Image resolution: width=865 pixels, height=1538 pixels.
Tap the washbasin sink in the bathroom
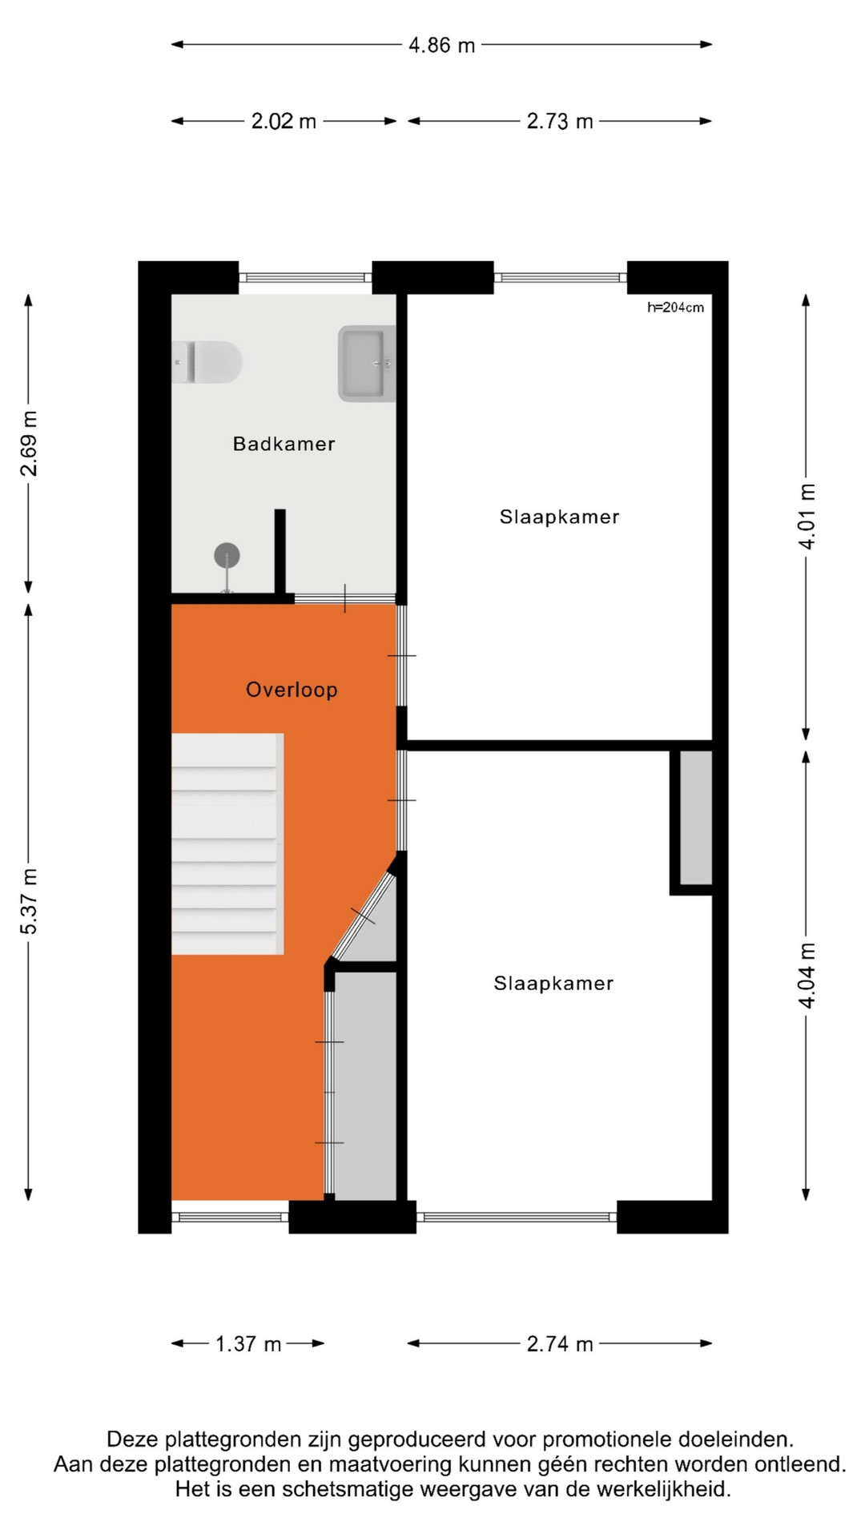pos(368,363)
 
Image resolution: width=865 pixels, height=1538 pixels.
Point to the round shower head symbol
pos(227,555)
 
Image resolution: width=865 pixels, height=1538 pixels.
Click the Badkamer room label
pos(284,444)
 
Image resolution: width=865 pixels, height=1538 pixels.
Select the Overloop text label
pos(292,690)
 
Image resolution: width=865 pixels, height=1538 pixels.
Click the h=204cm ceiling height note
pos(676,307)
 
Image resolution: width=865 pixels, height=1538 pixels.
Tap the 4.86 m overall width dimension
pos(441,45)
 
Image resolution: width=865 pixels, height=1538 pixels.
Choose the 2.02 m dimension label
pos(284,121)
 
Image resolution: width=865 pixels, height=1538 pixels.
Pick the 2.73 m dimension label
pos(560,121)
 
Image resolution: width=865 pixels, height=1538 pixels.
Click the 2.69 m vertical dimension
pos(29,444)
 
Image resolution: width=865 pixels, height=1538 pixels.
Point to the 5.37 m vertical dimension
pos(29,901)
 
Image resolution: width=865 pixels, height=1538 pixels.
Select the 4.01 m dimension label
pos(807,517)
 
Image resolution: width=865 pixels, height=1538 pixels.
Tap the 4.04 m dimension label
pos(807,976)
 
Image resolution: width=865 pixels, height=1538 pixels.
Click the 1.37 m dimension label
pos(248,1343)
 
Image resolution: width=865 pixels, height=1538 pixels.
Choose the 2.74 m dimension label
pos(560,1343)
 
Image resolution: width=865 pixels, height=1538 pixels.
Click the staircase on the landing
pos(227,843)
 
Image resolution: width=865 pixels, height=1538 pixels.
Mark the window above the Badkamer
pos(305,278)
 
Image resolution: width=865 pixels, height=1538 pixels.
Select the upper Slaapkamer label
pos(559,517)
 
